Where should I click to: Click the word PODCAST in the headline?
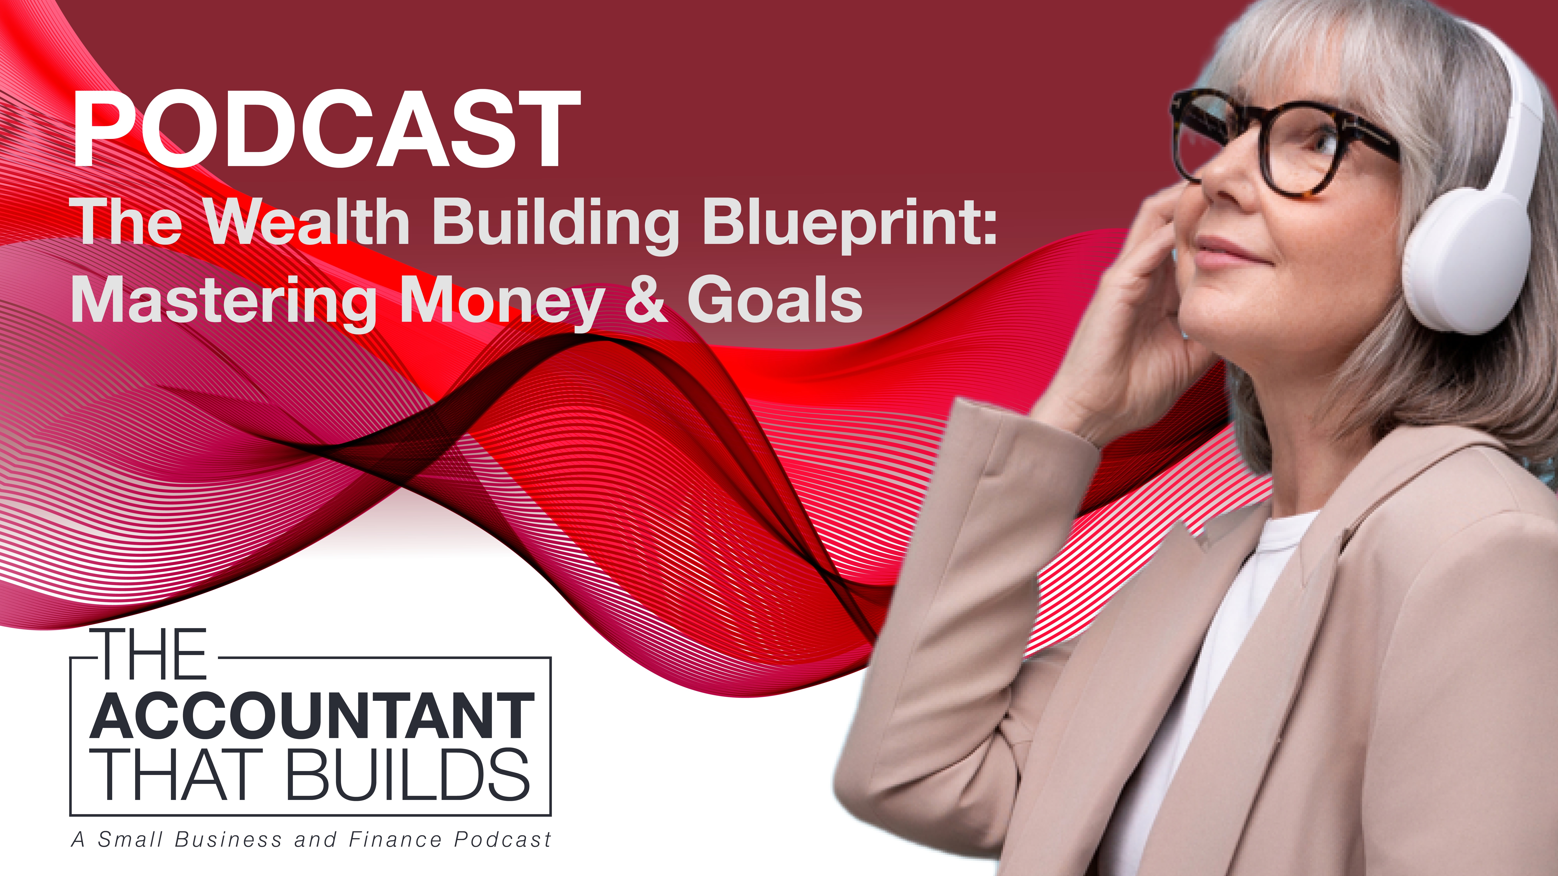pyautogui.click(x=327, y=129)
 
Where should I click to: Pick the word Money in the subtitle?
pyautogui.click(x=502, y=302)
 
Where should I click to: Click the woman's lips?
pyautogui.click(x=1228, y=254)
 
